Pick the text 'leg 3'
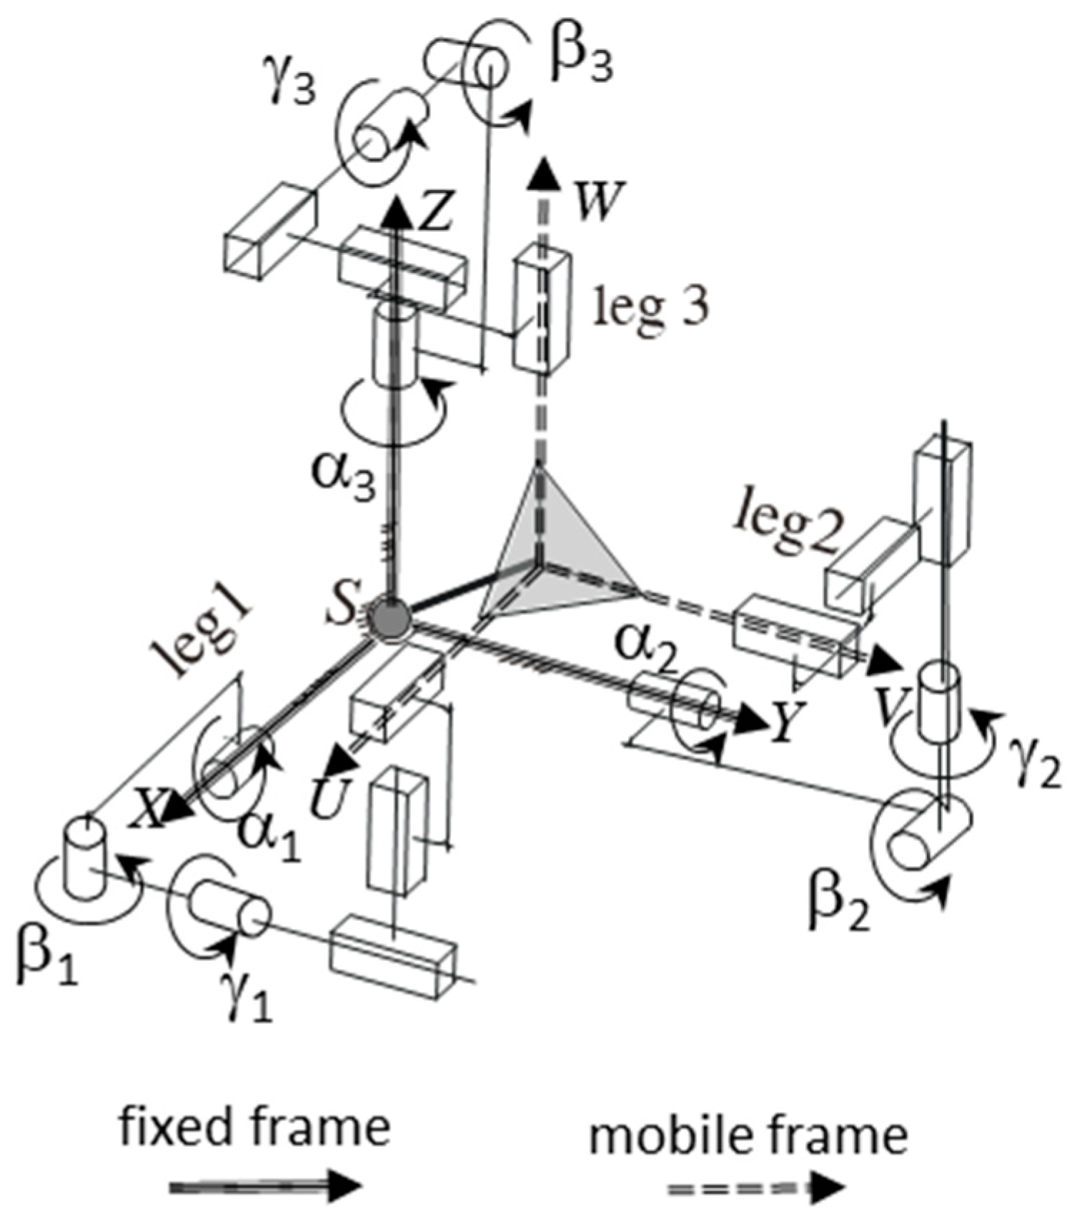[x=652, y=308]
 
